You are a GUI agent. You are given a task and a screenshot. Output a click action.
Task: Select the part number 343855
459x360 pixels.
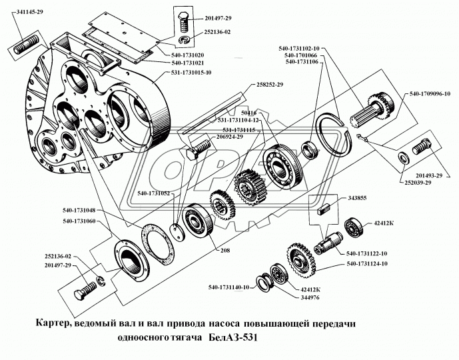(357, 198)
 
